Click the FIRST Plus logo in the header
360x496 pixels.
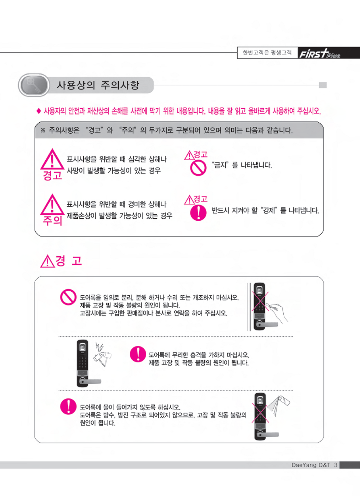pyautogui.click(x=320, y=53)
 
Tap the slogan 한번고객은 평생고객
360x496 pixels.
pyautogui.click(x=267, y=53)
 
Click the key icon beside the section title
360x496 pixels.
pyautogui.click(x=34, y=85)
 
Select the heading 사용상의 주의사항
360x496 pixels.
pyautogui.click(x=98, y=85)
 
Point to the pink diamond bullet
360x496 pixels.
pyautogui.click(x=39, y=111)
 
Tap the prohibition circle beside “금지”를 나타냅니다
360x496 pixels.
pyautogui.click(x=198, y=168)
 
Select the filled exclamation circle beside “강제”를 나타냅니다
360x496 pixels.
pyautogui.click(x=198, y=213)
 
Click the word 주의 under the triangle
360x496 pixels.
pyautogui.click(x=52, y=220)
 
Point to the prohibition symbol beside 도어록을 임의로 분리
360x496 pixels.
pyautogui.click(x=68, y=297)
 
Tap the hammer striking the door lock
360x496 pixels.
pyautogui.click(x=103, y=357)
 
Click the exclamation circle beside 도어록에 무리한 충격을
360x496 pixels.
pyautogui.click(x=138, y=354)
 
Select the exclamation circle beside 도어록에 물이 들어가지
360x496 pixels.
pyautogui.click(x=68, y=406)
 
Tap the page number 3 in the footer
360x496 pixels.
pyautogui.click(x=336, y=465)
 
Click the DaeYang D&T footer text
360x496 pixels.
pyautogui.click(x=311, y=465)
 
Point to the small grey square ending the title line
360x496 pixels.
pyautogui.click(x=323, y=85)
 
